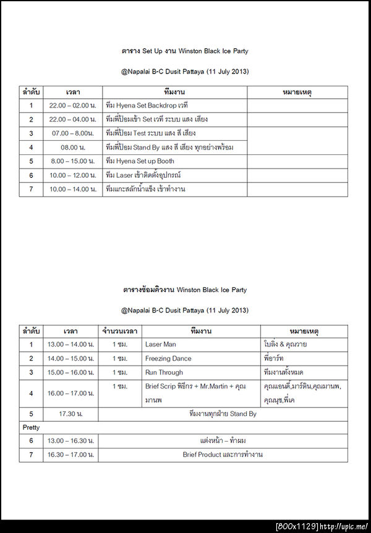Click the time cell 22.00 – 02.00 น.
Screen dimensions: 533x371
(73, 106)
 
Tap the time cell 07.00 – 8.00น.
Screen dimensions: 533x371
(73, 133)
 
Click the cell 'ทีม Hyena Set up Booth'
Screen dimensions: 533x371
(140, 161)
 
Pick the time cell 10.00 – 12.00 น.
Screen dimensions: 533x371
(73, 175)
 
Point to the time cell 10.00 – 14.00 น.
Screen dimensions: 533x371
(73, 189)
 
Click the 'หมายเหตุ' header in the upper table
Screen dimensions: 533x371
(297, 92)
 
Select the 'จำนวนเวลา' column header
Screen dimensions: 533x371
(119, 331)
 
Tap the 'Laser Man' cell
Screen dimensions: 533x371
(161, 345)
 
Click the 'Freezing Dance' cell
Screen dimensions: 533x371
(168, 358)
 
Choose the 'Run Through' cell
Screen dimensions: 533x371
(164, 372)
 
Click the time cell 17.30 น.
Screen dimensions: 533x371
(71, 414)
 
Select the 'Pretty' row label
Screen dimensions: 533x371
(31, 427)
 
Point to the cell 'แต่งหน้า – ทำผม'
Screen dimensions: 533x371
(223, 441)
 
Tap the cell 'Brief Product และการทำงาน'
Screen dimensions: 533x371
(223, 455)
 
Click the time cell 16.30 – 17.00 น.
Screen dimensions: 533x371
(71, 455)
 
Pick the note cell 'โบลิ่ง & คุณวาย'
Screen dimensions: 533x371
(285, 345)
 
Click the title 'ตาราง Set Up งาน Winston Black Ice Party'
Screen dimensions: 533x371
(185, 51)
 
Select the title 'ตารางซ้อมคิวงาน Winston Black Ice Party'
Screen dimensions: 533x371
(185, 290)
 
